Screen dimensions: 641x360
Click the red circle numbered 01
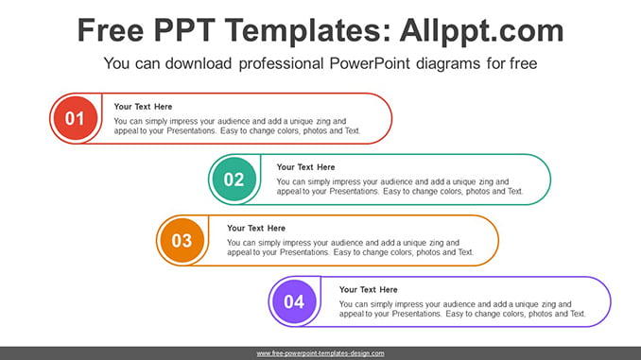click(76, 118)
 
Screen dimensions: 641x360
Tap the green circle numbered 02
click(234, 179)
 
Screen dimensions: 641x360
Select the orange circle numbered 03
click(182, 240)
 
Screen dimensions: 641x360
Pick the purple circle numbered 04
click(294, 301)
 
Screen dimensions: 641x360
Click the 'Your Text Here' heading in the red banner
click(143, 107)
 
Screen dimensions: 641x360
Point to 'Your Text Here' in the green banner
click(305, 167)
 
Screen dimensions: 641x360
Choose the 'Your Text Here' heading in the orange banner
click(256, 228)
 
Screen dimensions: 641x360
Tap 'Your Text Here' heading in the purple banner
click(369, 290)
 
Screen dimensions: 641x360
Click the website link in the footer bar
click(320, 353)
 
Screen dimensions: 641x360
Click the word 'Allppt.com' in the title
click(481, 30)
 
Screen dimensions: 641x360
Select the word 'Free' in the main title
click(111, 30)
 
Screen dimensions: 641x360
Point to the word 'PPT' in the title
click(184, 30)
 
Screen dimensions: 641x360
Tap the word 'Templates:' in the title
click(307, 31)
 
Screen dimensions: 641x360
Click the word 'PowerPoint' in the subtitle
click(370, 63)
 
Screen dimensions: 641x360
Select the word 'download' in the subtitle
click(199, 63)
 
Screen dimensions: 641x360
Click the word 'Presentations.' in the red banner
click(192, 130)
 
